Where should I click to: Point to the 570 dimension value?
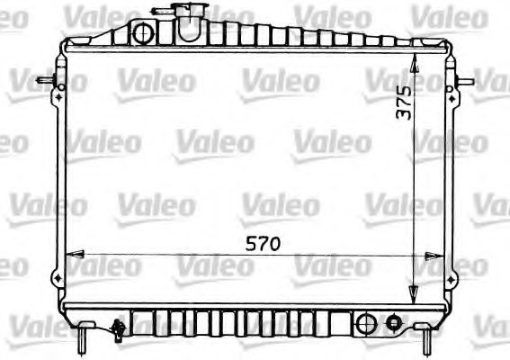pos(257,243)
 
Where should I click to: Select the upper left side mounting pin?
pos(44,82)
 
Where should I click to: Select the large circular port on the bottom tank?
pos(365,322)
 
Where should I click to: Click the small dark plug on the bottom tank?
pos(392,322)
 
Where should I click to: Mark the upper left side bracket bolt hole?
pos(58,88)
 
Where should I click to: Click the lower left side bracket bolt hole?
pos(58,269)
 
